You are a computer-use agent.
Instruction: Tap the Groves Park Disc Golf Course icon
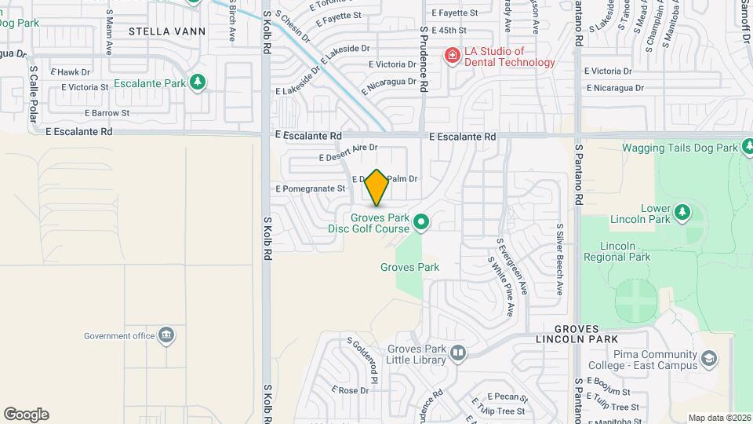pos(421,223)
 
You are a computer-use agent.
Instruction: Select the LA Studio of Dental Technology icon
pos(452,55)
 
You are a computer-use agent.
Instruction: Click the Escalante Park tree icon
pos(199,82)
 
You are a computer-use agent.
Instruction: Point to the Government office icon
pos(166,336)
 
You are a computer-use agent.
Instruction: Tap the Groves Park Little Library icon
pos(458,355)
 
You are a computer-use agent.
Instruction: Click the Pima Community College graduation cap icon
pos(709,360)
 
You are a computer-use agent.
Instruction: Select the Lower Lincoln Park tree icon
pos(682,212)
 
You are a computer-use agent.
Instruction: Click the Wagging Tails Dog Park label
pos(680,148)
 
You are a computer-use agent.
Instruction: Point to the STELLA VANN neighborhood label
pos(167,32)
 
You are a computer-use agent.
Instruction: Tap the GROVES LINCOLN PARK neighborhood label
pos(577,334)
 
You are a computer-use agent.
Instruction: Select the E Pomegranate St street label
pos(311,188)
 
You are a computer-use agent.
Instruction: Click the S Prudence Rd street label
pos(424,59)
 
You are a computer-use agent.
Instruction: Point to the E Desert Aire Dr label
pos(347,148)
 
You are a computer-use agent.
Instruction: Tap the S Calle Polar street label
pos(33,94)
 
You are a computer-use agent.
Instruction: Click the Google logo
pos(26,415)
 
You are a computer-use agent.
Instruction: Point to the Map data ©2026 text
pos(718,418)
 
